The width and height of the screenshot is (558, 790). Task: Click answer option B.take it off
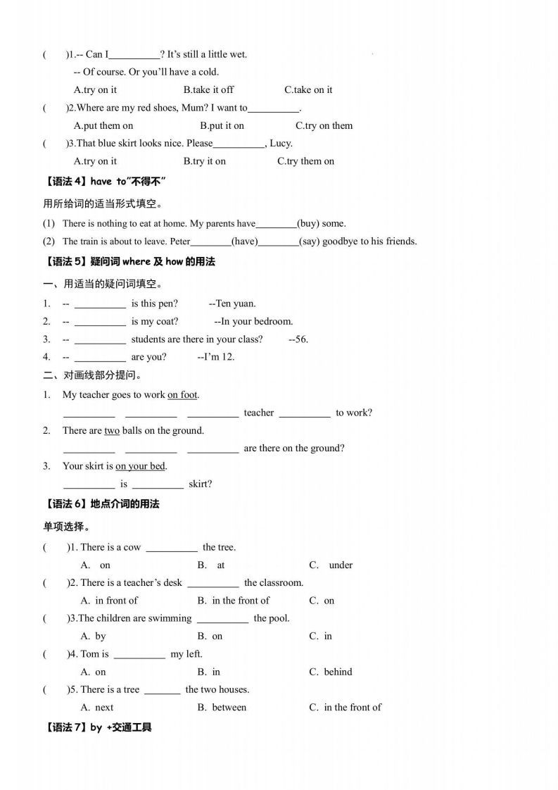pyautogui.click(x=208, y=89)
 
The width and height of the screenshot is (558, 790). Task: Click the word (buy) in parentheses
pyautogui.click(x=308, y=223)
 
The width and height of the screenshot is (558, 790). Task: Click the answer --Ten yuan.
pyautogui.click(x=232, y=303)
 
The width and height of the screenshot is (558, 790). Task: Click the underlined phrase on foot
pyautogui.click(x=182, y=395)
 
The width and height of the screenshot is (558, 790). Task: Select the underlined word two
pyautogui.click(x=112, y=430)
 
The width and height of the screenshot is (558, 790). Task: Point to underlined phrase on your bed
pyautogui.click(x=140, y=465)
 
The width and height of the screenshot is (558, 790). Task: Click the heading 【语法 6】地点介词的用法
pyautogui.click(x=101, y=503)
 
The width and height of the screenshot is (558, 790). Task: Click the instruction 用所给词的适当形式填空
pyautogui.click(x=103, y=204)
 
